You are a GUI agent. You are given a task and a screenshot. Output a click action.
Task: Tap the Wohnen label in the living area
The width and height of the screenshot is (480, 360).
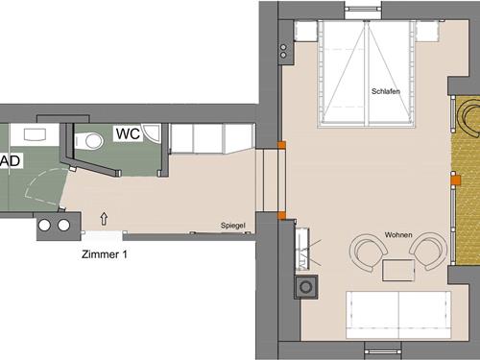click(x=398, y=234)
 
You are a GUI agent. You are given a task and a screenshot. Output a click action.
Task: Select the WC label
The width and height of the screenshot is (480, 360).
click(x=128, y=134)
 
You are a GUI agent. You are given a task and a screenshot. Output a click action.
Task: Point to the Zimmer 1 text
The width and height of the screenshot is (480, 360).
click(x=104, y=255)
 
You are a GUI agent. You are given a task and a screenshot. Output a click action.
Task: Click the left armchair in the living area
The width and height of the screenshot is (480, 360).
click(x=366, y=252)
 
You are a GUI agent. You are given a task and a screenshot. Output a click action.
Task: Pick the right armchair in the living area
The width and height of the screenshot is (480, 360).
click(x=428, y=252)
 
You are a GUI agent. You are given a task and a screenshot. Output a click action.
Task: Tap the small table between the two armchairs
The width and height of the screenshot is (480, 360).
click(x=396, y=269)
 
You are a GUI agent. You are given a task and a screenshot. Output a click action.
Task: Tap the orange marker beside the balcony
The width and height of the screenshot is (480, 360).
click(x=456, y=178)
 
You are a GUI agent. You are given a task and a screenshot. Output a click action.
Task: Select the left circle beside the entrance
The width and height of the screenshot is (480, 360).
click(x=44, y=226)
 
